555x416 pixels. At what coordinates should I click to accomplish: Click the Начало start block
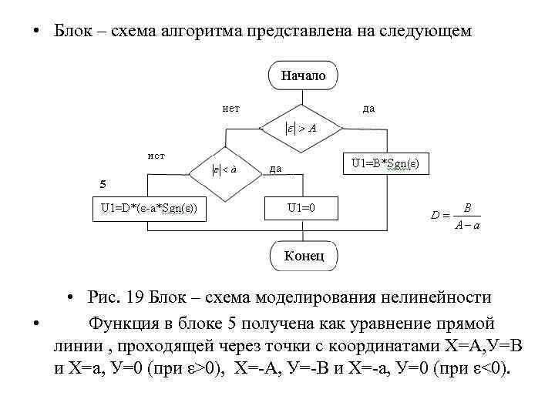pos(303,75)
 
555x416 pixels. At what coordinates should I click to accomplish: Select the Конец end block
pos(304,255)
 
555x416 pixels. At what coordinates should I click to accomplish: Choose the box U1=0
pos(301,207)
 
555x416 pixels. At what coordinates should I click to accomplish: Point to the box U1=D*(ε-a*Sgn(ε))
pos(149,207)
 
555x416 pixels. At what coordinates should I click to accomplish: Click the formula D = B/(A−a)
pos(456,216)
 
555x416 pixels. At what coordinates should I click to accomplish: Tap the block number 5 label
pos(104,184)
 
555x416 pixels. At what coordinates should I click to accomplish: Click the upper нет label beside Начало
pos(230,109)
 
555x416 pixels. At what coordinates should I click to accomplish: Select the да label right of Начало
pos(368,109)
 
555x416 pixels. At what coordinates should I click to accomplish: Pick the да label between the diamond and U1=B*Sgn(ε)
pos(274,169)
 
